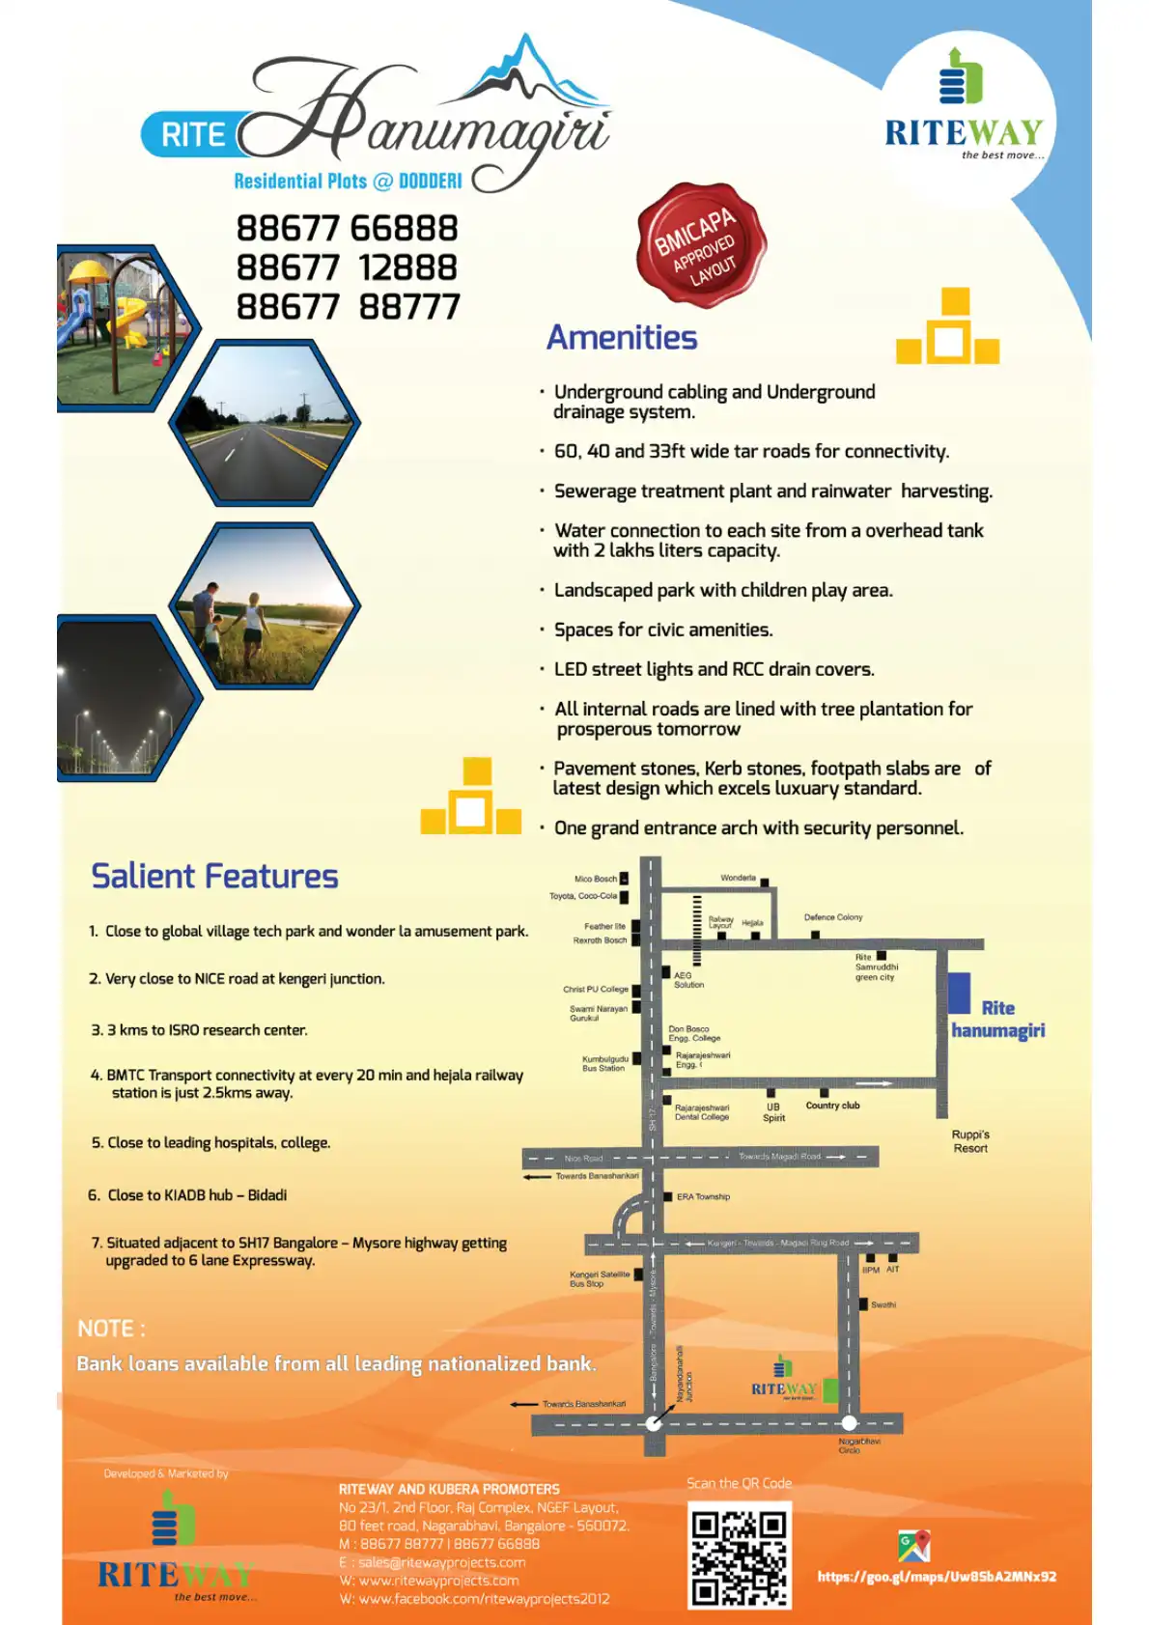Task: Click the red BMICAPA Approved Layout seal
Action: [701, 244]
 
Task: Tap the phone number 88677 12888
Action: [347, 267]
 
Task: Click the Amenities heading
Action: [622, 338]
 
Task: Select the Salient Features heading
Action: [214, 876]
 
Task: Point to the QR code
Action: [740, 1554]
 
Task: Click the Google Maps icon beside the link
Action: [913, 1546]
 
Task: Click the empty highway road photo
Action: [265, 423]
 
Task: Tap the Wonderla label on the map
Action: [738, 879]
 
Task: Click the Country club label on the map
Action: [832, 1106]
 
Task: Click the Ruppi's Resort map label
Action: [970, 1141]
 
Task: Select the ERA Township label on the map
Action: [703, 1197]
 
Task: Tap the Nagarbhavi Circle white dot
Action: [849, 1422]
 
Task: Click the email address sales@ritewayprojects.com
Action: [441, 1562]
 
